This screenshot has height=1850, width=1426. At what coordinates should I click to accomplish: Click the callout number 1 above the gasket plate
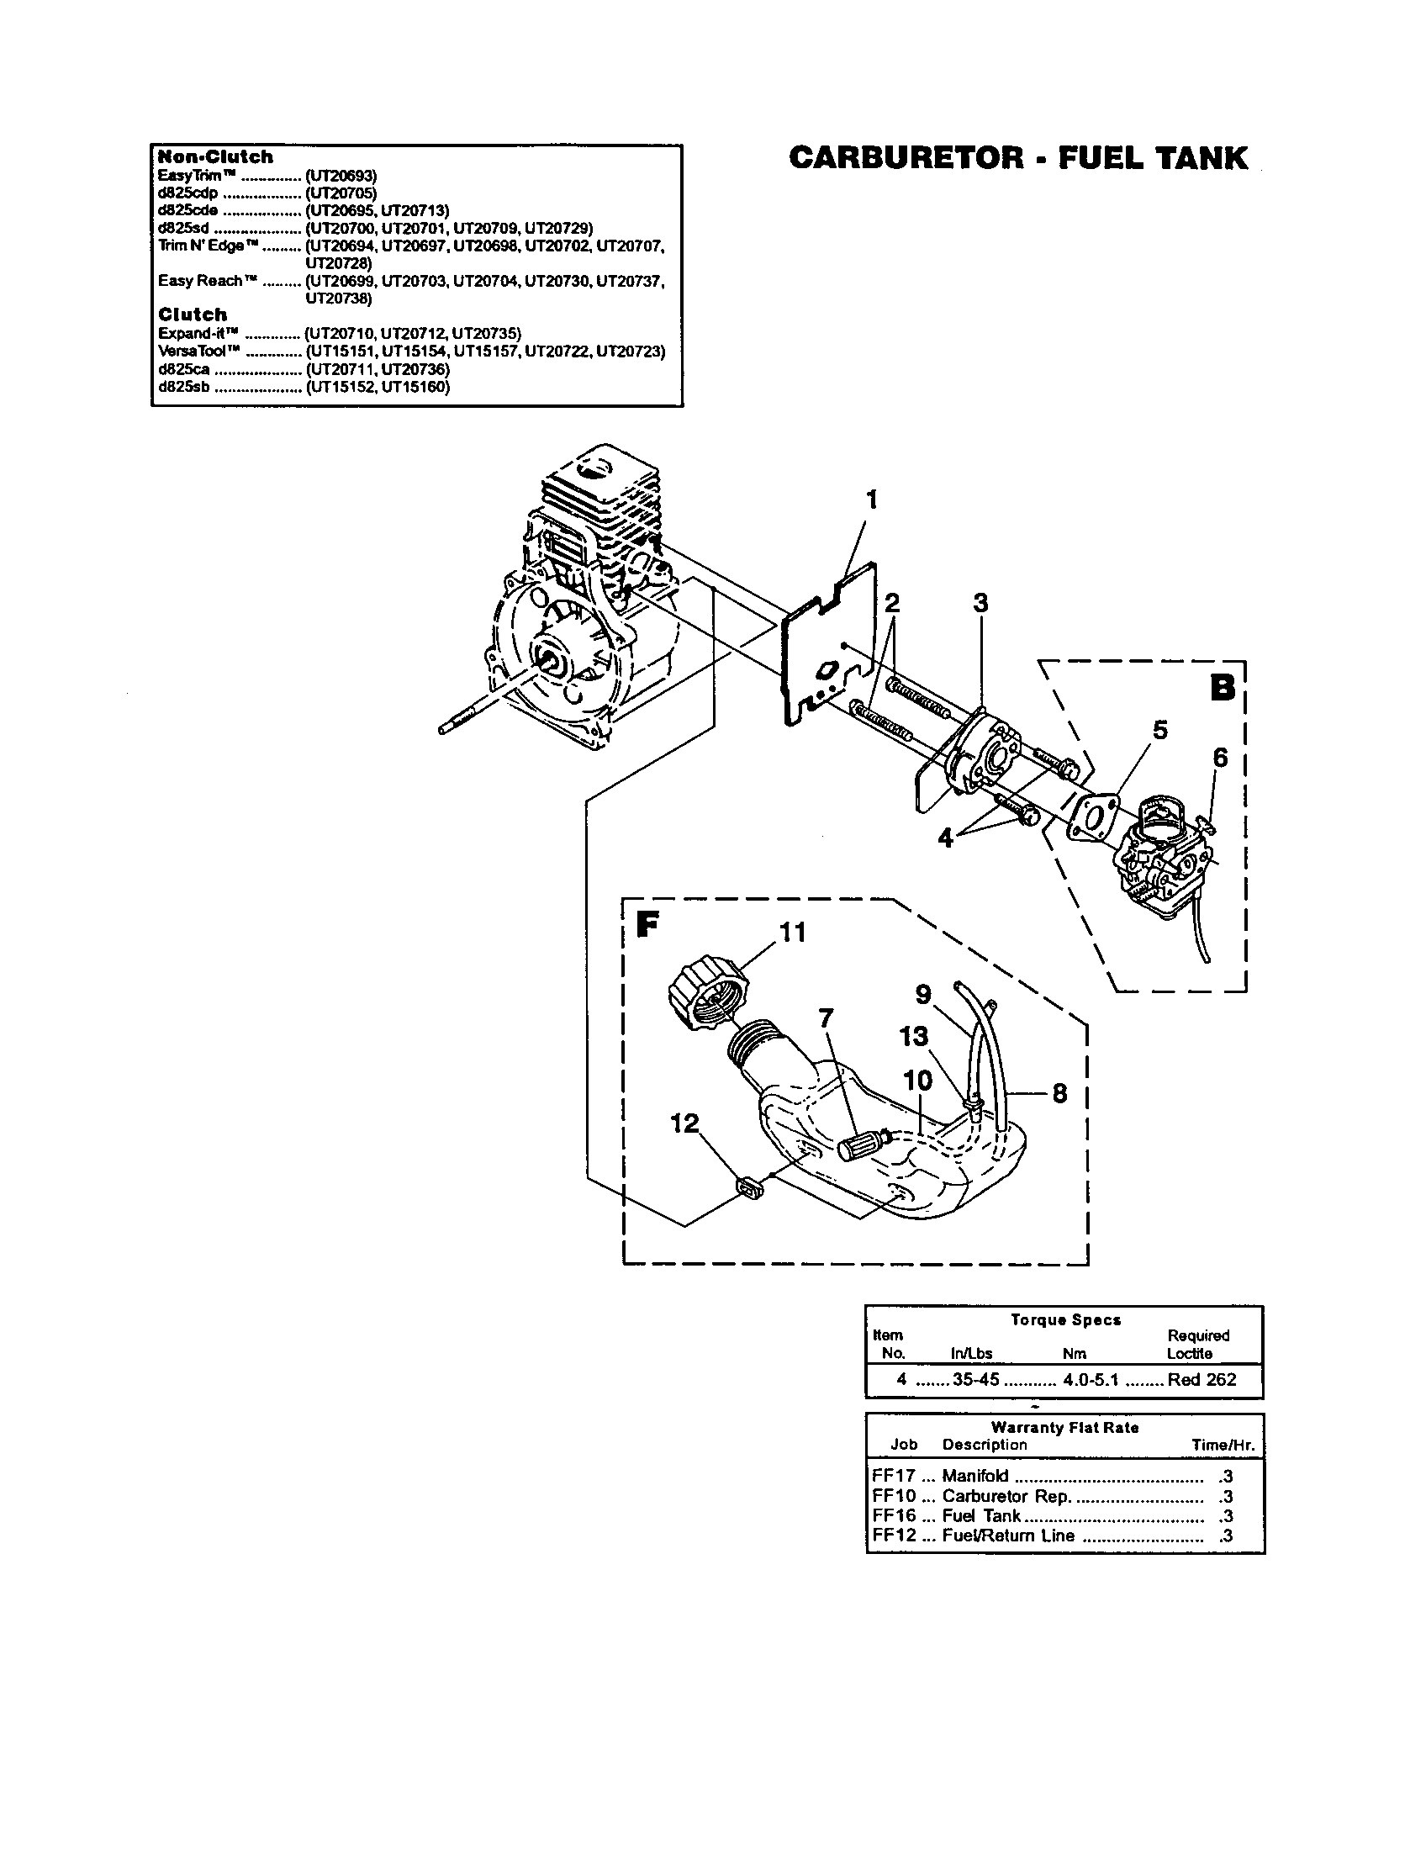[871, 500]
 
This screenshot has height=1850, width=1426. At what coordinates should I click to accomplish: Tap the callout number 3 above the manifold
[980, 604]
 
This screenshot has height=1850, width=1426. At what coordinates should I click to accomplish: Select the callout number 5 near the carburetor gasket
[1159, 730]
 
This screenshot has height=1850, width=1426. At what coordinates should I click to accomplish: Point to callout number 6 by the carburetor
[1219, 758]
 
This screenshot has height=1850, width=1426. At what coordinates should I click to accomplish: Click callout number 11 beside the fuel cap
[793, 933]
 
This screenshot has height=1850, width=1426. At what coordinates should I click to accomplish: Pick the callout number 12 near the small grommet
[684, 1123]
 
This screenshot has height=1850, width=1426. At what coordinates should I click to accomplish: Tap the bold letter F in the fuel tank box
[647, 924]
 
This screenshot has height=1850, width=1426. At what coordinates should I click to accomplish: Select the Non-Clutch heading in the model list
[216, 156]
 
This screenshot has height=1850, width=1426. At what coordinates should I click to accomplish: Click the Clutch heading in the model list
[193, 314]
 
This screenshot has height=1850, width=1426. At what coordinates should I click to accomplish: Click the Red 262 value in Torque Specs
[1202, 1379]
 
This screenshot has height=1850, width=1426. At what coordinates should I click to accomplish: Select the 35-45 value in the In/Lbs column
[976, 1379]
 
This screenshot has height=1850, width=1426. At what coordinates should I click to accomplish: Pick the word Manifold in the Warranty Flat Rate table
[974, 1475]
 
